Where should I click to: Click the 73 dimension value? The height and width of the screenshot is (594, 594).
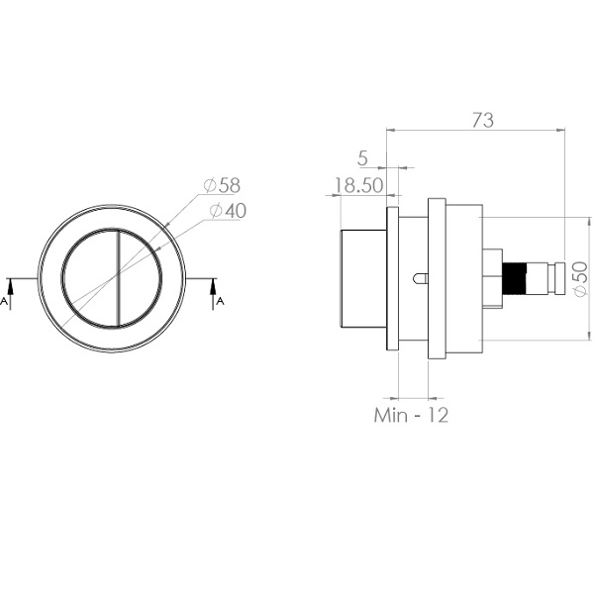point(483,120)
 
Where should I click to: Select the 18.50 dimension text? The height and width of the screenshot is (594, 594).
point(358,186)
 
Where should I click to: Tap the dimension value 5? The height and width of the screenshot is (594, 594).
point(362,158)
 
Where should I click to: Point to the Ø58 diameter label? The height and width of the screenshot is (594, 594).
point(222,185)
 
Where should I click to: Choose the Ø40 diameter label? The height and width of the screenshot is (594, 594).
point(228,211)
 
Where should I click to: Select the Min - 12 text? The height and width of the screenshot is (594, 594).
point(411,415)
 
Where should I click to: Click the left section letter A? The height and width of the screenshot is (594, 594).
point(4,301)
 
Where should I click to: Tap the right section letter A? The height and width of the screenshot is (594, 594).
point(220,301)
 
